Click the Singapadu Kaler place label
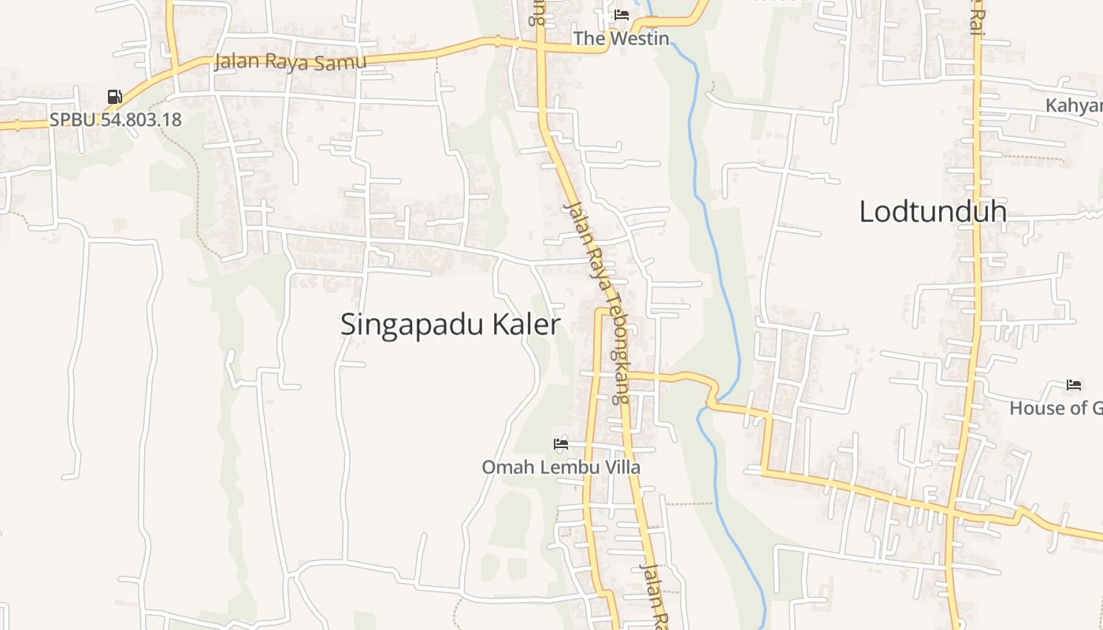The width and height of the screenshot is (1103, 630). click(x=450, y=324)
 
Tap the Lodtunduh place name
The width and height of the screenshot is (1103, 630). click(x=933, y=211)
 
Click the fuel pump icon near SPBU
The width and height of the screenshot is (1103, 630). click(x=115, y=97)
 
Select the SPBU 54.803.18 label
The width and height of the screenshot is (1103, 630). click(x=115, y=120)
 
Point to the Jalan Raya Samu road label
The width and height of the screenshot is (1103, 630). click(x=290, y=62)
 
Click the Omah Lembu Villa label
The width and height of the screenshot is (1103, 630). click(x=561, y=467)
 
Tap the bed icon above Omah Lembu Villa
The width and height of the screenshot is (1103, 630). click(x=561, y=444)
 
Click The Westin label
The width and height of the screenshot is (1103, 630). click(x=621, y=38)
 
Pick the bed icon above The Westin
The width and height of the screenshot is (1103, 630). click(x=621, y=15)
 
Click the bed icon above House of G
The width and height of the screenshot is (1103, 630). click(x=1074, y=385)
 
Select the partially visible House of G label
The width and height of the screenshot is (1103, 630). click(x=1056, y=408)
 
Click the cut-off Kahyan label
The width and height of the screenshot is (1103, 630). click(x=1074, y=106)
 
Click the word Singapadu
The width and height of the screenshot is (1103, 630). click(x=411, y=324)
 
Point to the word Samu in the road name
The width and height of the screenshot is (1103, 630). click(x=345, y=61)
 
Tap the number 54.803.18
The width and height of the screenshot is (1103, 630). click(x=141, y=120)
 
